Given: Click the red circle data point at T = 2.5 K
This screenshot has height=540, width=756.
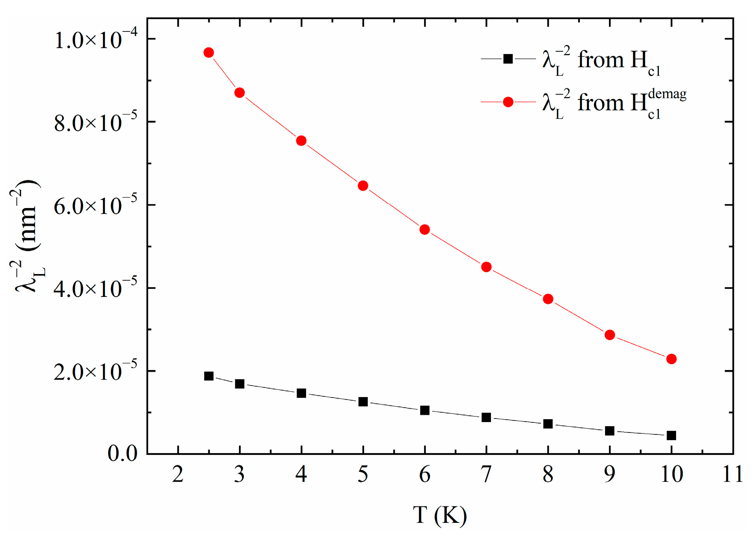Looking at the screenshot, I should (209, 53).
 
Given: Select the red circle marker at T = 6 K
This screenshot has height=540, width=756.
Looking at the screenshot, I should (425, 229).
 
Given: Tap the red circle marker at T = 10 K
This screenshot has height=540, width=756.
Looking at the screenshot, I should (671, 359).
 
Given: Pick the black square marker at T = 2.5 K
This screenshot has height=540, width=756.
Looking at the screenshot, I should (209, 376).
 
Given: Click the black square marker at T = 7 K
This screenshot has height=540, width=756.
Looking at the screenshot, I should (486, 417).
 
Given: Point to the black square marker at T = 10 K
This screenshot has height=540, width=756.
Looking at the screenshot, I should (671, 435).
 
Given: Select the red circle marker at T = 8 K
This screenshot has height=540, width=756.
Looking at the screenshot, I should (548, 299).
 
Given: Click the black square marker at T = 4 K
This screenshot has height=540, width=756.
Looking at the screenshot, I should (301, 393).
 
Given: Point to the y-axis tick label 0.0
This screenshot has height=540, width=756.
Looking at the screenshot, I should (123, 453).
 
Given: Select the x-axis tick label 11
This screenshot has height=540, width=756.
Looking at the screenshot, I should (733, 474).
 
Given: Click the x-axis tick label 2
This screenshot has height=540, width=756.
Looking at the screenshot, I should (178, 474).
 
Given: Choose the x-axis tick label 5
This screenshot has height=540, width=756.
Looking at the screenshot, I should (363, 474).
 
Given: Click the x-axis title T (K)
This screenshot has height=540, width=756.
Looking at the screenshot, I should (440, 515).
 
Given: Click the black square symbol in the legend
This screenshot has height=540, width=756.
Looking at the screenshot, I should (508, 59).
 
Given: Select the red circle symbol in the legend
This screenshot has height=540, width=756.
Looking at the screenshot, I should (508, 102).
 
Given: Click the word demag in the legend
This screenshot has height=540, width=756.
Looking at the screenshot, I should (667, 94).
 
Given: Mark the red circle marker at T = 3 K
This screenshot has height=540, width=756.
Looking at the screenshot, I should (239, 93).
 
